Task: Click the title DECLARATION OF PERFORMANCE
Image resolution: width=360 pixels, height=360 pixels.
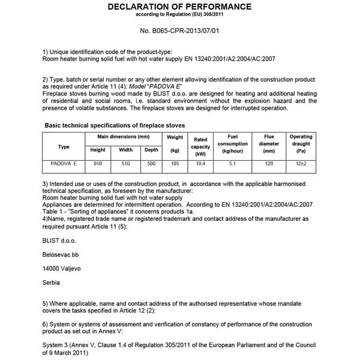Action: [x=180, y=7]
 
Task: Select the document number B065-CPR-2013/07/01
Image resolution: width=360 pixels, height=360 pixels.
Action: [x=180, y=29]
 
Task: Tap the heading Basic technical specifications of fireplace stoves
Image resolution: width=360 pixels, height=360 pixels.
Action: [x=115, y=125]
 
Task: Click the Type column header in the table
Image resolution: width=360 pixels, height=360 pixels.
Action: [x=64, y=146]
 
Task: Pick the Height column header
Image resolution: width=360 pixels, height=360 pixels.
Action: [x=98, y=150]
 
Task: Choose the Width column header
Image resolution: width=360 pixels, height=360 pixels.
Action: [x=125, y=150]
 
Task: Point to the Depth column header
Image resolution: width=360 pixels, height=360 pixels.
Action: [x=151, y=150]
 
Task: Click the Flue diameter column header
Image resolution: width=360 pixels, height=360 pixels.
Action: [x=269, y=144]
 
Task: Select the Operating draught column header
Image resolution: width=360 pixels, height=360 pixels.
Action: [x=301, y=144]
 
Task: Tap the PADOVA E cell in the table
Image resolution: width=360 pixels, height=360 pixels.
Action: [x=64, y=163]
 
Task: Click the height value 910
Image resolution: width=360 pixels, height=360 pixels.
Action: [x=98, y=163]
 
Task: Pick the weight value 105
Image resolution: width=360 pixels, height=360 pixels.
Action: [x=175, y=163]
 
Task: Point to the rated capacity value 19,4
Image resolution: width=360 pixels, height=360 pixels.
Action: [x=200, y=163]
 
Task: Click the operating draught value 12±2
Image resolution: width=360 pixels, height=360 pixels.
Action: [x=301, y=163]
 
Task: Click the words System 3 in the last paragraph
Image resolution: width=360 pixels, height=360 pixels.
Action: [x=58, y=345]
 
